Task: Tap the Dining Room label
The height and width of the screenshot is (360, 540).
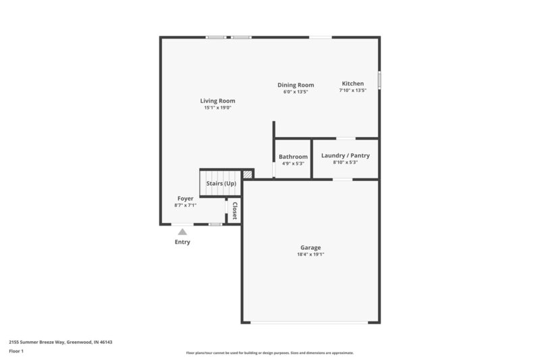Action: tap(296, 85)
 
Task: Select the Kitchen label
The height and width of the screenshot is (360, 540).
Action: tap(352, 84)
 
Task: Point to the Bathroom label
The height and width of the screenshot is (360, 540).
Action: tap(293, 157)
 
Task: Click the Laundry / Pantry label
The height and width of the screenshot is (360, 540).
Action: tap(344, 155)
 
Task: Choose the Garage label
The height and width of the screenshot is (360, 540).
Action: tap(310, 247)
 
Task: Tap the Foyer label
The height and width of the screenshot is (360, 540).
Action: tap(185, 199)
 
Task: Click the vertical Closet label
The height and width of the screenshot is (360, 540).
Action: tap(234, 211)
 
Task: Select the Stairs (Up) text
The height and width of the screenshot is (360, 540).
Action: tap(221, 184)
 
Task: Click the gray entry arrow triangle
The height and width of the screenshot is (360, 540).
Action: tap(182, 232)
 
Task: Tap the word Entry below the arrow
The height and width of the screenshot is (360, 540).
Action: tap(182, 242)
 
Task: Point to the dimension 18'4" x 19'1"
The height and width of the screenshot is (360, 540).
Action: tap(310, 255)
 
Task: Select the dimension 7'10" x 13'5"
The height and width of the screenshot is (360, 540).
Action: tap(352, 91)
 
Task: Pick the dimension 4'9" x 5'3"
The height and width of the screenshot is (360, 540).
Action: tap(293, 163)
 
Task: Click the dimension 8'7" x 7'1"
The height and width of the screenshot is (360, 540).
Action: tap(185, 205)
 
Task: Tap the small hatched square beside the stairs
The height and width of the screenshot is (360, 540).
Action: tap(248, 174)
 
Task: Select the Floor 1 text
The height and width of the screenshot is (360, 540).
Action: tap(16, 351)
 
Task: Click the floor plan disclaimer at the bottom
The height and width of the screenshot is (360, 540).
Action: tap(269, 353)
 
